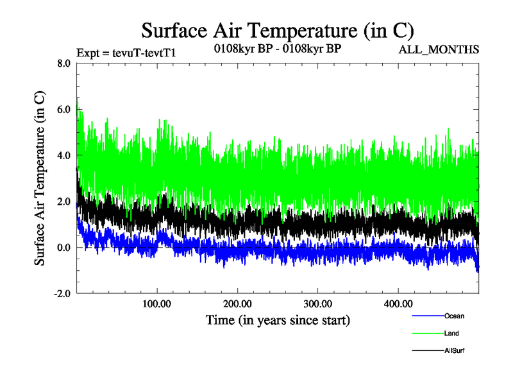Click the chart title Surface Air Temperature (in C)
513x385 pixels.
pyautogui.click(x=277, y=30)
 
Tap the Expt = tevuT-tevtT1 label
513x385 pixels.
pyautogui.click(x=126, y=53)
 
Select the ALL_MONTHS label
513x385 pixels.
pyautogui.click(x=439, y=49)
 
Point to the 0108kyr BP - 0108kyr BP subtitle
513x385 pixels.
pyautogui.click(x=277, y=49)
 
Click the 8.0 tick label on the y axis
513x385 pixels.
pyautogui.click(x=64, y=64)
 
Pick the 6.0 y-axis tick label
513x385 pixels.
pyautogui.click(x=64, y=109)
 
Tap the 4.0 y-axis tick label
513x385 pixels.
pyautogui.click(x=64, y=155)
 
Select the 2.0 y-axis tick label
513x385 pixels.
pyautogui.click(x=64, y=201)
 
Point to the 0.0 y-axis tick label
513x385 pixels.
pyautogui.click(x=64, y=248)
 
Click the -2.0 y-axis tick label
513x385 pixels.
pyautogui.click(x=62, y=293)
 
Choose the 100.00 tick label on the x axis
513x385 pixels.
pyautogui.click(x=157, y=304)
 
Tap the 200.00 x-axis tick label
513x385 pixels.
pyautogui.click(x=237, y=304)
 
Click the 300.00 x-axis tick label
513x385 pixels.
pyautogui.click(x=317, y=304)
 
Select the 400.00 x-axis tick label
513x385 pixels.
pyautogui.click(x=398, y=304)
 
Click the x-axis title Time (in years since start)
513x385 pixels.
pyautogui.click(x=278, y=320)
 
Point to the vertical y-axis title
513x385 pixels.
pyautogui.click(x=40, y=178)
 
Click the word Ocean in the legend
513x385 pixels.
pyautogui.click(x=454, y=316)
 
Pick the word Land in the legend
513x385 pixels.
pyautogui.click(x=451, y=334)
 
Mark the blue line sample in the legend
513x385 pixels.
pyautogui.click(x=427, y=316)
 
